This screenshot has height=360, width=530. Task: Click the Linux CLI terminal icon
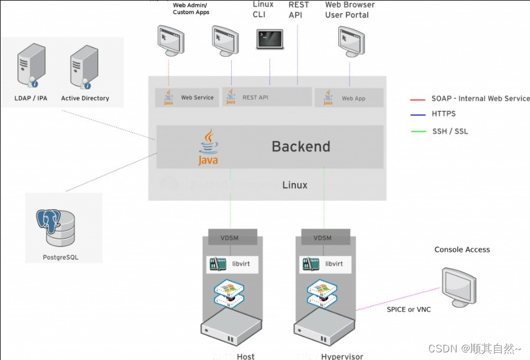(270, 39)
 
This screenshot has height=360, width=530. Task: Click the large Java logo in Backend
(208, 148)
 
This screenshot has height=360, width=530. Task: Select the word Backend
(301, 146)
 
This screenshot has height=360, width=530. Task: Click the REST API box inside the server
(266, 98)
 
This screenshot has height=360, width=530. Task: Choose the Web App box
(349, 98)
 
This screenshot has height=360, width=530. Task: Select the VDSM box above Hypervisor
(322, 238)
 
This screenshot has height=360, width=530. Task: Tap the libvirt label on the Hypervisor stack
(334, 264)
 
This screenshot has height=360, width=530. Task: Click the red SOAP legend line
(418, 99)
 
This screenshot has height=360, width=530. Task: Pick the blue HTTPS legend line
(418, 115)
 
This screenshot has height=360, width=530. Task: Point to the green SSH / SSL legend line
(418, 131)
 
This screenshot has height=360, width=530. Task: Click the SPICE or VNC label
(408, 309)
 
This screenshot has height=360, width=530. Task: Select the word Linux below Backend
(295, 185)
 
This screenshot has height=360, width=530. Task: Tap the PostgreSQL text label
(61, 257)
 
